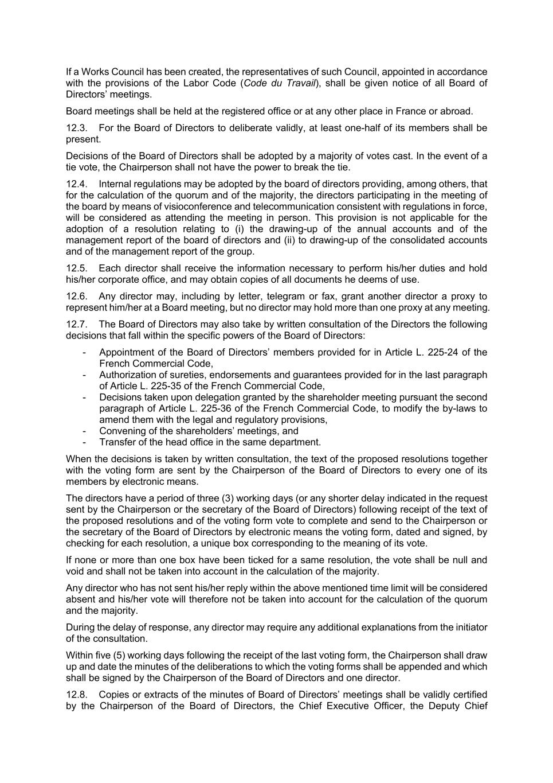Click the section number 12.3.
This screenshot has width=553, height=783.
click(76, 128)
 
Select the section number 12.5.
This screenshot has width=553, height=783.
click(76, 268)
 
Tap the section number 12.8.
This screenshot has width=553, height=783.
click(77, 695)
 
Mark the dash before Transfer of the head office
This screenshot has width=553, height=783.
click(85, 442)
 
